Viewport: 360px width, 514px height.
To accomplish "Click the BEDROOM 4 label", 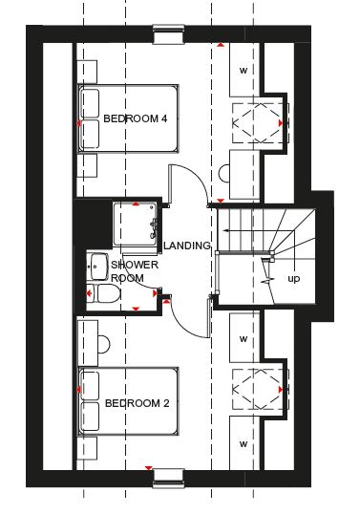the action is point(136,118).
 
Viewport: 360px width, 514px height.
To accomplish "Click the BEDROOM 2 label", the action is point(137,403).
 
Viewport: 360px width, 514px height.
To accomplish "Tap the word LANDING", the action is point(187,246).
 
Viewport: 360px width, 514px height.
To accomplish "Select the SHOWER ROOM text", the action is point(135,271).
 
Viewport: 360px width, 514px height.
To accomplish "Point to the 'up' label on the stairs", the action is point(294,279).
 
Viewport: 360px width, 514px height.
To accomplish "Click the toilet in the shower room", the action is point(104,293).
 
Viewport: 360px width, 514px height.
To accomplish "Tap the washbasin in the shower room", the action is point(97,267).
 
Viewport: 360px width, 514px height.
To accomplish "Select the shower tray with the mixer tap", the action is point(136,225).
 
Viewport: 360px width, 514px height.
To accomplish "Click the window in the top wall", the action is point(168,33).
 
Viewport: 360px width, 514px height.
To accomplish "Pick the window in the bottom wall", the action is point(168,479).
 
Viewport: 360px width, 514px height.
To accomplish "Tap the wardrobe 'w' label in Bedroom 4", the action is point(244,70).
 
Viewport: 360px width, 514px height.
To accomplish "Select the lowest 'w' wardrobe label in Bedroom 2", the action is point(244,444).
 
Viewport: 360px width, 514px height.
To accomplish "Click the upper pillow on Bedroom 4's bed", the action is point(90,103).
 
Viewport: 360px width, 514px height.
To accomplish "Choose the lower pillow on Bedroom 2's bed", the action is point(90,417).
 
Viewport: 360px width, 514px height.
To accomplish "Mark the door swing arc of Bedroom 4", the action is point(197,176).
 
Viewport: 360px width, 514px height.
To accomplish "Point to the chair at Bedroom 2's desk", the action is point(104,344).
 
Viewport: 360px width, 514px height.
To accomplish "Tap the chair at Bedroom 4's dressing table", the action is point(224,173).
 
